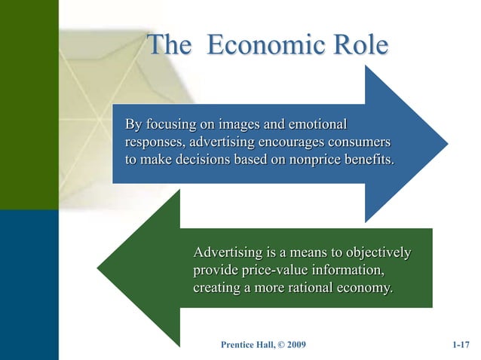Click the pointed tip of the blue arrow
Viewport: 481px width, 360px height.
click(x=448, y=143)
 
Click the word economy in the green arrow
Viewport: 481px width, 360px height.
click(x=364, y=288)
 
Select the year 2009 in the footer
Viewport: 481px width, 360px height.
click(x=295, y=345)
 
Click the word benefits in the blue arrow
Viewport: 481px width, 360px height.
click(x=367, y=160)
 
